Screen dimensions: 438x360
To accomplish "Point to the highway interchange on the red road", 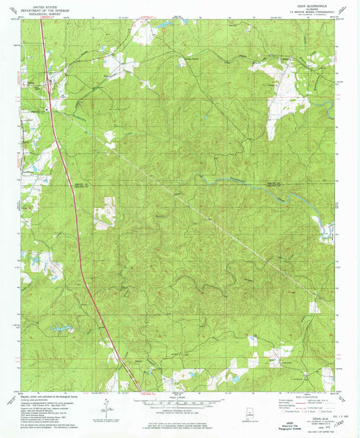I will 51,84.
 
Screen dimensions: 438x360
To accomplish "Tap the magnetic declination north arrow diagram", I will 108,405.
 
